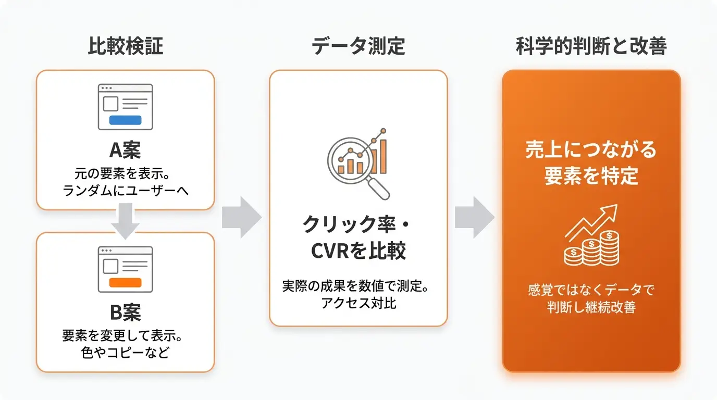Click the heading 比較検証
[126, 46]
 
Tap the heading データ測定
[358, 46]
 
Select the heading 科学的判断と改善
[591, 46]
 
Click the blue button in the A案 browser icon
[125, 120]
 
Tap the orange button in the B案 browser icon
[125, 283]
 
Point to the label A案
[125, 150]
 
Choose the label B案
[125, 312]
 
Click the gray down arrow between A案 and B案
[125, 221]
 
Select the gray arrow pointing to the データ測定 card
[242, 217]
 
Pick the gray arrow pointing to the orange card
[475, 217]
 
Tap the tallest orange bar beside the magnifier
[383, 156]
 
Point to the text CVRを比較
[358, 250]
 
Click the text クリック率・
[356, 224]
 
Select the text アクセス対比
[358, 303]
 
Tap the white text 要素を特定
[591, 176]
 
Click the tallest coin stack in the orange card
[609, 248]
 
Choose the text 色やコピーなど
[125, 353]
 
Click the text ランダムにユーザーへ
[125, 191]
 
